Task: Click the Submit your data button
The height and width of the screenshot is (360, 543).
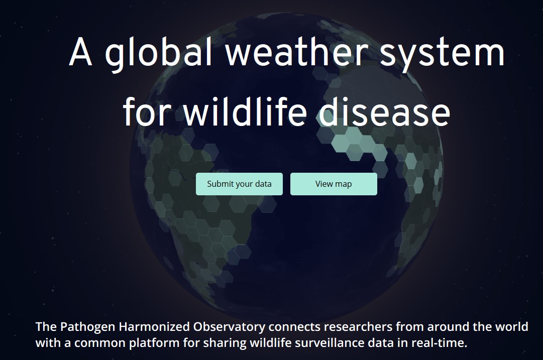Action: click(239, 184)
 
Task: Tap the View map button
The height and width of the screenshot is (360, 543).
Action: click(334, 184)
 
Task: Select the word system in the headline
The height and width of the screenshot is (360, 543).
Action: click(442, 53)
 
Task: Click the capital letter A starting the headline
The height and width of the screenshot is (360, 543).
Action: click(81, 51)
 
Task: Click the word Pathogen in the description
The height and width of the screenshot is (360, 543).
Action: click(88, 327)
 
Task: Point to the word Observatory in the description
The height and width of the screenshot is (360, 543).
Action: click(229, 327)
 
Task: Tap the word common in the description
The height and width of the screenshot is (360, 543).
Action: click(100, 343)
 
